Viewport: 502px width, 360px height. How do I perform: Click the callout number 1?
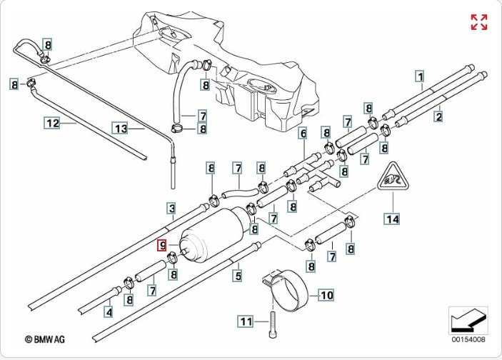tap(421, 76)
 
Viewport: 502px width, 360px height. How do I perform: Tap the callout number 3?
tap(171, 209)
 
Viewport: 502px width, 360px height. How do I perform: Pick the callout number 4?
tap(108, 311)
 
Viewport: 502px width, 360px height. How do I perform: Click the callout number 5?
tap(239, 274)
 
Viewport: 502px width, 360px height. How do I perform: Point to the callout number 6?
tap(303, 134)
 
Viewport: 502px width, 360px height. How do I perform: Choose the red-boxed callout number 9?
tap(163, 246)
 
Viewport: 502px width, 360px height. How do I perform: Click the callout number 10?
tap(325, 294)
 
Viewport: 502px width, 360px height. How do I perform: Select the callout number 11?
tap(246, 322)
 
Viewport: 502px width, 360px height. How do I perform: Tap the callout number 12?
tap(52, 123)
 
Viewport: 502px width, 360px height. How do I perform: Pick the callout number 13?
tap(121, 129)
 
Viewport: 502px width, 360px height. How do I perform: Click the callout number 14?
tap(391, 219)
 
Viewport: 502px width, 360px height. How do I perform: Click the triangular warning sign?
tap(391, 180)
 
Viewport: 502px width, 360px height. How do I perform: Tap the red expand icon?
tap(478, 22)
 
